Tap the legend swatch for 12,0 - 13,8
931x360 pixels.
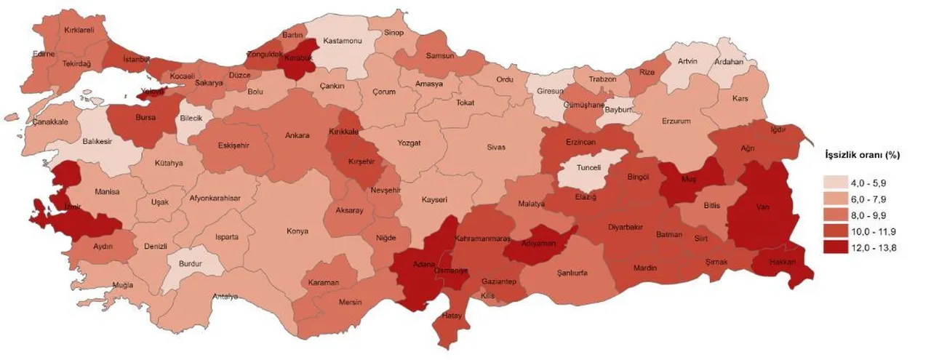(x=834, y=247)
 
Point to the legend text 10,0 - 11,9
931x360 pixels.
(x=875, y=231)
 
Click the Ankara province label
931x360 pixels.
(x=297, y=135)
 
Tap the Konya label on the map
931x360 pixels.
(x=297, y=231)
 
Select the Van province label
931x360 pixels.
(x=763, y=207)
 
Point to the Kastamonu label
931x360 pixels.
(x=342, y=41)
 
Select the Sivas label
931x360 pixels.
(x=495, y=147)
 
